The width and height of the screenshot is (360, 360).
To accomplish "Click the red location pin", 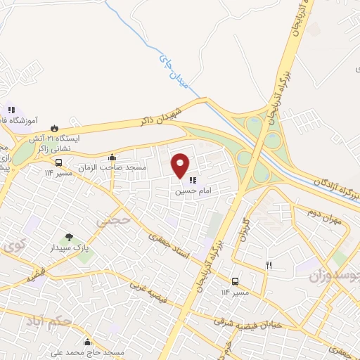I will coord(181,165).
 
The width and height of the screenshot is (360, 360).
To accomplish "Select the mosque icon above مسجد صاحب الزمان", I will coord(112,157).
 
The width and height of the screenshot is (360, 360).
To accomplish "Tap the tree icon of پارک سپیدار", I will coord(69,238).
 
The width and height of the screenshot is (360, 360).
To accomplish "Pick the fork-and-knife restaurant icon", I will coord(268,265).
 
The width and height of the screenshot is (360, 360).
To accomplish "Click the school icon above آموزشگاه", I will coord(11,110).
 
